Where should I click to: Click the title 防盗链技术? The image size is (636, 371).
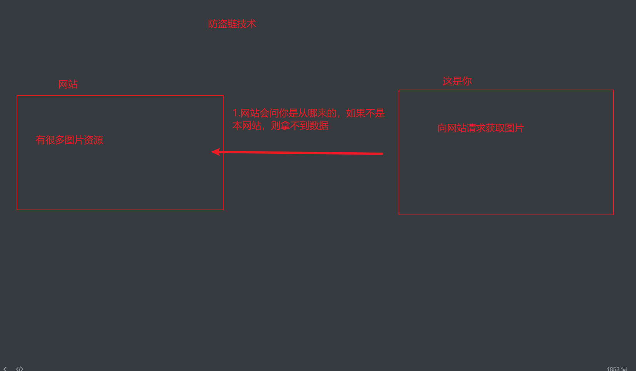coord(232,24)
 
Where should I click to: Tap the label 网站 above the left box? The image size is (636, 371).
coord(68,85)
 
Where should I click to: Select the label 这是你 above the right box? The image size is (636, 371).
coord(457,82)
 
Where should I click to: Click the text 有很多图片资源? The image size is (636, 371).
coord(69,140)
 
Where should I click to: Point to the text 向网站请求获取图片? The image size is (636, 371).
coord(481,128)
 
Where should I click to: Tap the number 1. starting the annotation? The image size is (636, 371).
coord(236,113)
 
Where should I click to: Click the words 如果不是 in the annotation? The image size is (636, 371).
coord(365,113)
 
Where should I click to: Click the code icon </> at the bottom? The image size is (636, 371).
coord(20,369)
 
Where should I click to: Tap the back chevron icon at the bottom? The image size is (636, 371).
coord(5,369)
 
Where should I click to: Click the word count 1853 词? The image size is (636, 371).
coord(616,369)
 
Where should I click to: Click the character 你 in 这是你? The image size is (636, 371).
coord(467,82)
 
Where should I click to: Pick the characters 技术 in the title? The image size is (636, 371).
coord(247,24)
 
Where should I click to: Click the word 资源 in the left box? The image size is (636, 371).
coord(93,140)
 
